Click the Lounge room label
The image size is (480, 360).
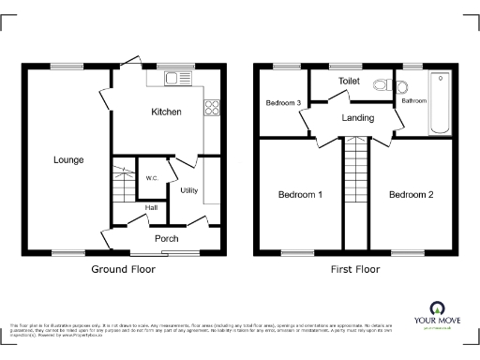(x=67, y=160)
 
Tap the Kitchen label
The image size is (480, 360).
(x=167, y=112)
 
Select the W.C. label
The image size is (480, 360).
(x=151, y=178)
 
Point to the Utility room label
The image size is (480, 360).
(x=188, y=190)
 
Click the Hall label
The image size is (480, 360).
(x=151, y=208)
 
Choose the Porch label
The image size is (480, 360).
(x=166, y=238)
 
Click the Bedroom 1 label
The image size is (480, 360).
(x=300, y=195)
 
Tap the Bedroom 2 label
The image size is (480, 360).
(x=412, y=195)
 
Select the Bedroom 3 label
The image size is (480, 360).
(x=283, y=102)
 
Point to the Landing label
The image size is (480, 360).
(x=357, y=118)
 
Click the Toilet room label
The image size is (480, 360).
(x=350, y=82)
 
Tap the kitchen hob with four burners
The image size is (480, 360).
(x=213, y=107)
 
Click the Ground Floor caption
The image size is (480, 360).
(x=123, y=269)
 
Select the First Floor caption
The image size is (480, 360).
(x=355, y=269)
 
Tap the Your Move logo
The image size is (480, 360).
(x=437, y=313)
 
